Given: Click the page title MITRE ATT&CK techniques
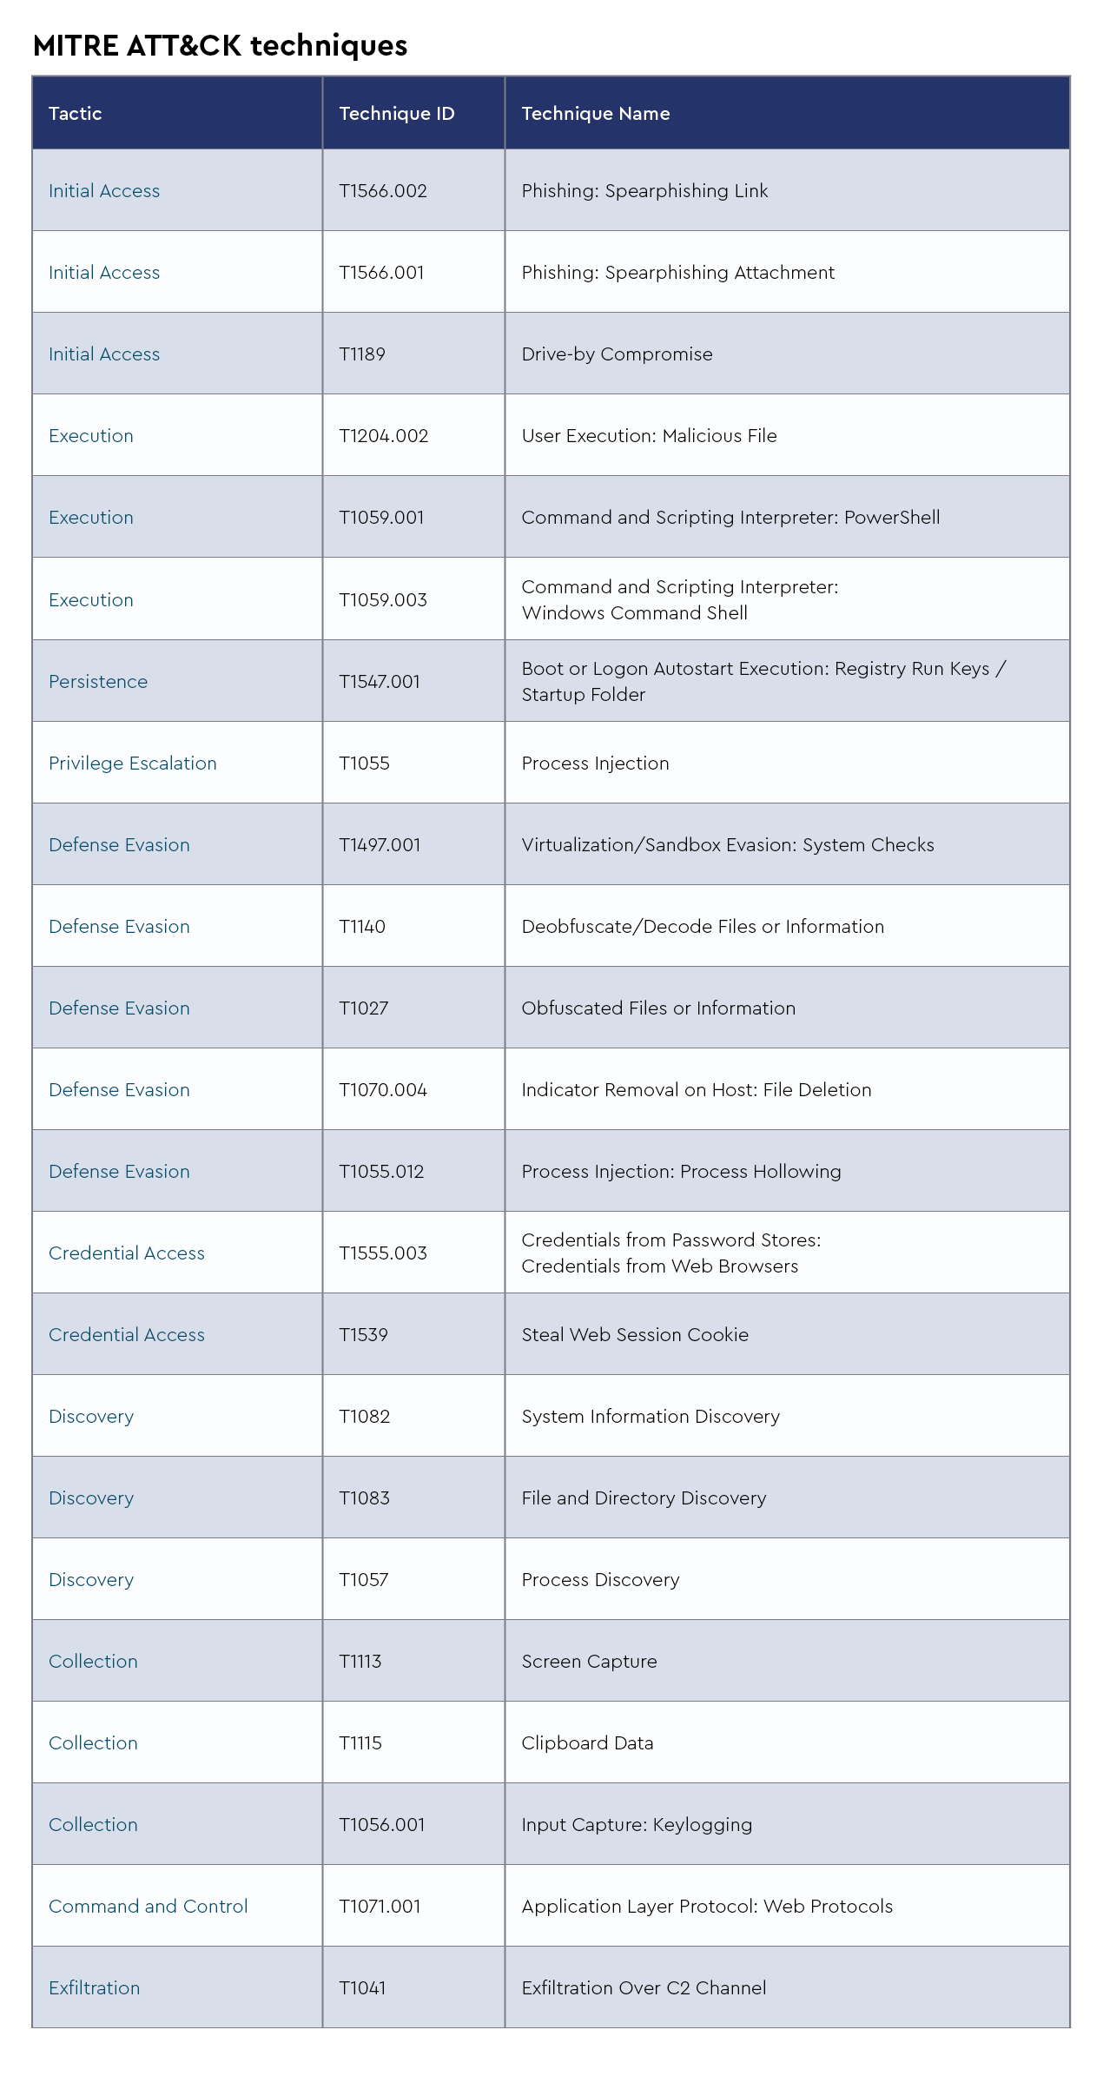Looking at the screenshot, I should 220,45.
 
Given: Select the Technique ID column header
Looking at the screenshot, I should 397,114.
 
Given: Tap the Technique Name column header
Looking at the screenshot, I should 596,114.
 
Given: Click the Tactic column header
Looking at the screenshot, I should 76,114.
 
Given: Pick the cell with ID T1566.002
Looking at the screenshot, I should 383,191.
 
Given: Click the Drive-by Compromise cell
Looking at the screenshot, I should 617,354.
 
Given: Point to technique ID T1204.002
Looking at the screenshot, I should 384,436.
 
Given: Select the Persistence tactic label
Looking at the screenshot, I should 98,682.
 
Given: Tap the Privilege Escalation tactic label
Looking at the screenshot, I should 133,764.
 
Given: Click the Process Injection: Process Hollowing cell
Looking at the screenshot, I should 681,1172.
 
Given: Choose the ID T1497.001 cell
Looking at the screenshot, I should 380,845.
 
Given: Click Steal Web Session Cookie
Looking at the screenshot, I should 635,1335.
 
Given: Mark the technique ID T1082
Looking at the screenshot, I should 365,1417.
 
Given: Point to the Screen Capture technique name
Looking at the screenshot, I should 589,1662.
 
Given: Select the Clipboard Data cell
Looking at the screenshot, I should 587,1743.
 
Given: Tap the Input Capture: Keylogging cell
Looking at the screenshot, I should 637,1825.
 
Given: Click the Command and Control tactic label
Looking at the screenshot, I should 149,1907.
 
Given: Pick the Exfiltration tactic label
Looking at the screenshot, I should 95,1988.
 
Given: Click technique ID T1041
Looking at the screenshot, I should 362,1988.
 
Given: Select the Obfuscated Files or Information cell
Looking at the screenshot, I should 658,1008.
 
